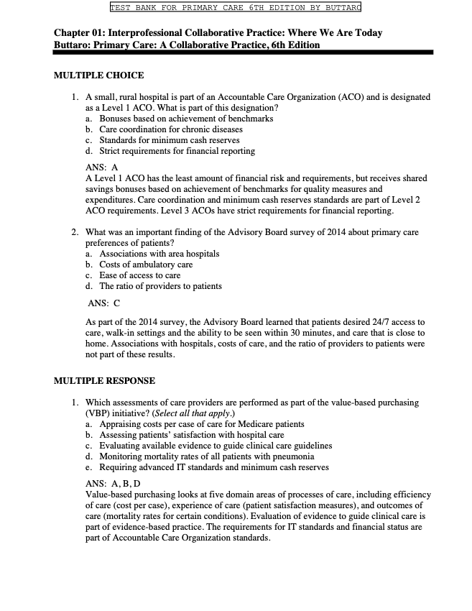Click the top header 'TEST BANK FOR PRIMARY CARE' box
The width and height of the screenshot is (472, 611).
pyautogui.click(x=236, y=8)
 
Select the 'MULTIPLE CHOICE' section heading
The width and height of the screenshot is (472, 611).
pyautogui.click(x=98, y=75)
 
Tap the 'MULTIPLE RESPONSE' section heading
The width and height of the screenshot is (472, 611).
pyautogui.click(x=104, y=380)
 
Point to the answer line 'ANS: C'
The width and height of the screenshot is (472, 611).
pyautogui.click(x=103, y=303)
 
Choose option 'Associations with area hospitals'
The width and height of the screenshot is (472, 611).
pyautogui.click(x=159, y=254)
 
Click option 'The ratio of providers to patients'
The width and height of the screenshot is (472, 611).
pyautogui.click(x=160, y=286)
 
